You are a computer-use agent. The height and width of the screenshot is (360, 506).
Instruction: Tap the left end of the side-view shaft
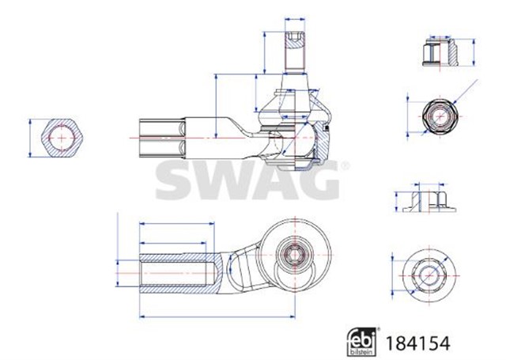142,138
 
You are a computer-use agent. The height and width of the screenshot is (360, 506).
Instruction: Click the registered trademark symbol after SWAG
343,165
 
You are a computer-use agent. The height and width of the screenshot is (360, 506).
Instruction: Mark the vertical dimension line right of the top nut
474,52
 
